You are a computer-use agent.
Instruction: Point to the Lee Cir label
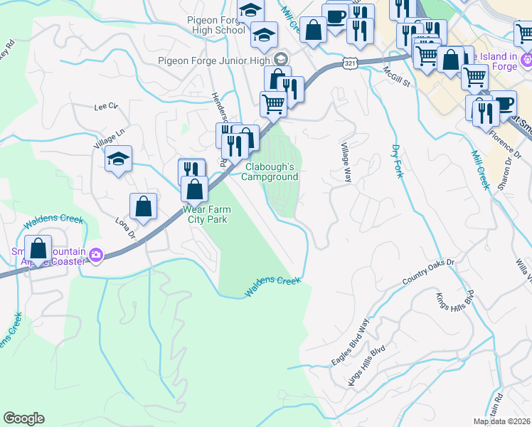[105, 106]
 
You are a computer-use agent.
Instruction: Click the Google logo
[23, 418]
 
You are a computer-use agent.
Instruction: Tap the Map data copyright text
[501, 421]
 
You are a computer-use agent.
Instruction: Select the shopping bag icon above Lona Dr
[144, 206]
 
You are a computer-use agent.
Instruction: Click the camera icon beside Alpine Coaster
[96, 255]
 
